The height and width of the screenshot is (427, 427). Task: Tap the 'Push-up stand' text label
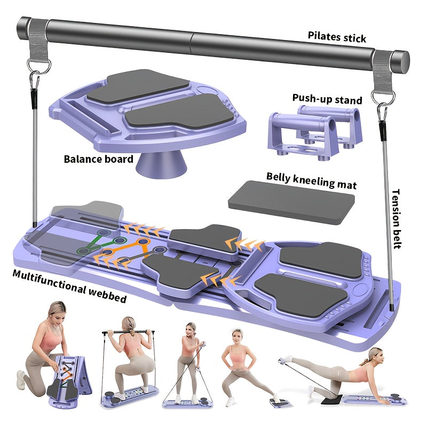pos(327,99)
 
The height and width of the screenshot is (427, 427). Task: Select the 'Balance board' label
pos(98,159)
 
